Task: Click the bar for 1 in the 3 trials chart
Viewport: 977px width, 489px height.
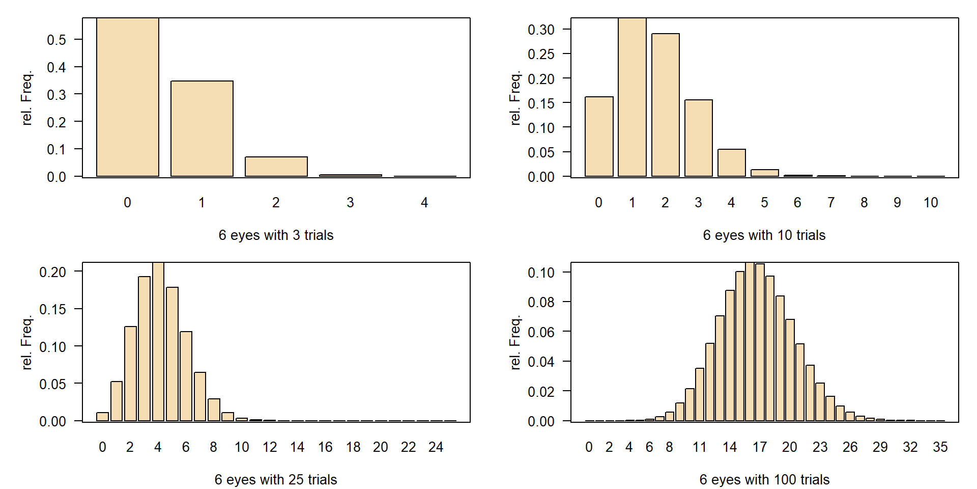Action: pyautogui.click(x=202, y=128)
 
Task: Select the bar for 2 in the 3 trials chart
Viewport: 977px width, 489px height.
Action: pyautogui.click(x=276, y=167)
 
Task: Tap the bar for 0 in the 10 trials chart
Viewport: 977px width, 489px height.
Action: pyautogui.click(x=599, y=137)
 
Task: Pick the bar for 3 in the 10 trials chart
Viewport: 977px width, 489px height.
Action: pyautogui.click(x=699, y=138)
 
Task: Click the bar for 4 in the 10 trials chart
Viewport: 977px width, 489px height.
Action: pyautogui.click(x=732, y=163)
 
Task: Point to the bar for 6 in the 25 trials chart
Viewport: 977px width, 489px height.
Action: pyautogui.click(x=186, y=376)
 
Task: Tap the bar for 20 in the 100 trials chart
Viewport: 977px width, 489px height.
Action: pyautogui.click(x=790, y=370)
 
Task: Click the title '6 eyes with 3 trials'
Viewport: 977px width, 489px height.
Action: pyautogui.click(x=276, y=235)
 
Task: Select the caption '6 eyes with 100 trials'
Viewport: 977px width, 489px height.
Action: pyautogui.click(x=764, y=480)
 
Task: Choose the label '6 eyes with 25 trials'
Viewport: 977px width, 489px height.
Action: pyautogui.click(x=276, y=480)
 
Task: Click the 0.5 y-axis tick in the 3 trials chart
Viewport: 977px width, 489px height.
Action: pyautogui.click(x=56, y=40)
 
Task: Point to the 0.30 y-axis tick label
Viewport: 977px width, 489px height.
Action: pyautogui.click(x=541, y=30)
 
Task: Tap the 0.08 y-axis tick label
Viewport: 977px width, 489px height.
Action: pyautogui.click(x=541, y=302)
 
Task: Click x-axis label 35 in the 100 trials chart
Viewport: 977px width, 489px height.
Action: pyautogui.click(x=940, y=447)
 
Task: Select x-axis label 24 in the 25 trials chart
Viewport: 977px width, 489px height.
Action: pyautogui.click(x=436, y=447)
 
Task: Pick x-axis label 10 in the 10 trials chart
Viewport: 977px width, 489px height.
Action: pyautogui.click(x=931, y=203)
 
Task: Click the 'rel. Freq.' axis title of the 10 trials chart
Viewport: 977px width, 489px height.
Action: pyautogui.click(x=515, y=98)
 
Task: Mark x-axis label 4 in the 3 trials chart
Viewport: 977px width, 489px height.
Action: pyautogui.click(x=424, y=203)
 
